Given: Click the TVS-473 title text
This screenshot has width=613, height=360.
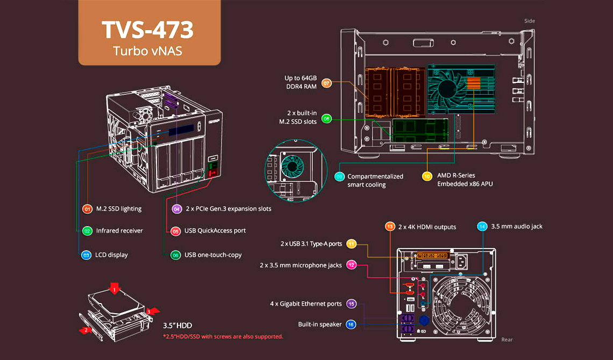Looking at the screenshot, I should click(x=148, y=30).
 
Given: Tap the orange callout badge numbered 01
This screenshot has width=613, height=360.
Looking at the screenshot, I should click(x=87, y=209).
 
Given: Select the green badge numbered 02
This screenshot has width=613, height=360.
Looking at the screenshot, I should click(x=87, y=231).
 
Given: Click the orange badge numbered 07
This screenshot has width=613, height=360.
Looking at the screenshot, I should click(x=326, y=83).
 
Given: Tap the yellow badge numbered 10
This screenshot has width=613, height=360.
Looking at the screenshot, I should click(x=427, y=176).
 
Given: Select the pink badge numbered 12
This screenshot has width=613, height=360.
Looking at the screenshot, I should click(x=351, y=265).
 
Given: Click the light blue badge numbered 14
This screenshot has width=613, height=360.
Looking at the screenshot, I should click(x=482, y=227).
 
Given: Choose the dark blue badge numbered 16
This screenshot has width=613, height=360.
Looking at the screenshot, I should click(x=351, y=324).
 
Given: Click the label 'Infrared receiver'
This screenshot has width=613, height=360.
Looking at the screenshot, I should click(x=119, y=231).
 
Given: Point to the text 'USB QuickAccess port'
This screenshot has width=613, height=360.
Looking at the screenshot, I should click(x=215, y=231).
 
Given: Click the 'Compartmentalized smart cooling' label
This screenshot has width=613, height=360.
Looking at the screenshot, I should click(x=375, y=180).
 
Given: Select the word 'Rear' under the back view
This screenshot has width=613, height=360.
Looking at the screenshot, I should click(x=507, y=340).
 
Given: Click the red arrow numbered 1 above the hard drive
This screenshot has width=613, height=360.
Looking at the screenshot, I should click(x=114, y=290).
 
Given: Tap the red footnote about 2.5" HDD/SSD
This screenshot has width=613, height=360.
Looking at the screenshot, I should click(x=223, y=337).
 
